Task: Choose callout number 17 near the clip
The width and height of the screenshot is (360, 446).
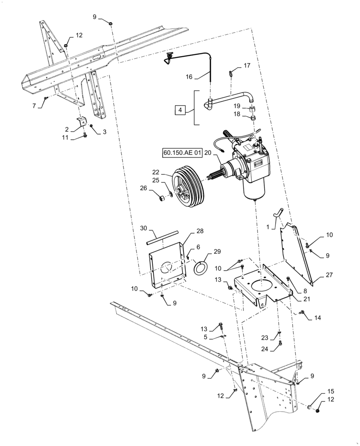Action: click(x=247, y=66)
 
